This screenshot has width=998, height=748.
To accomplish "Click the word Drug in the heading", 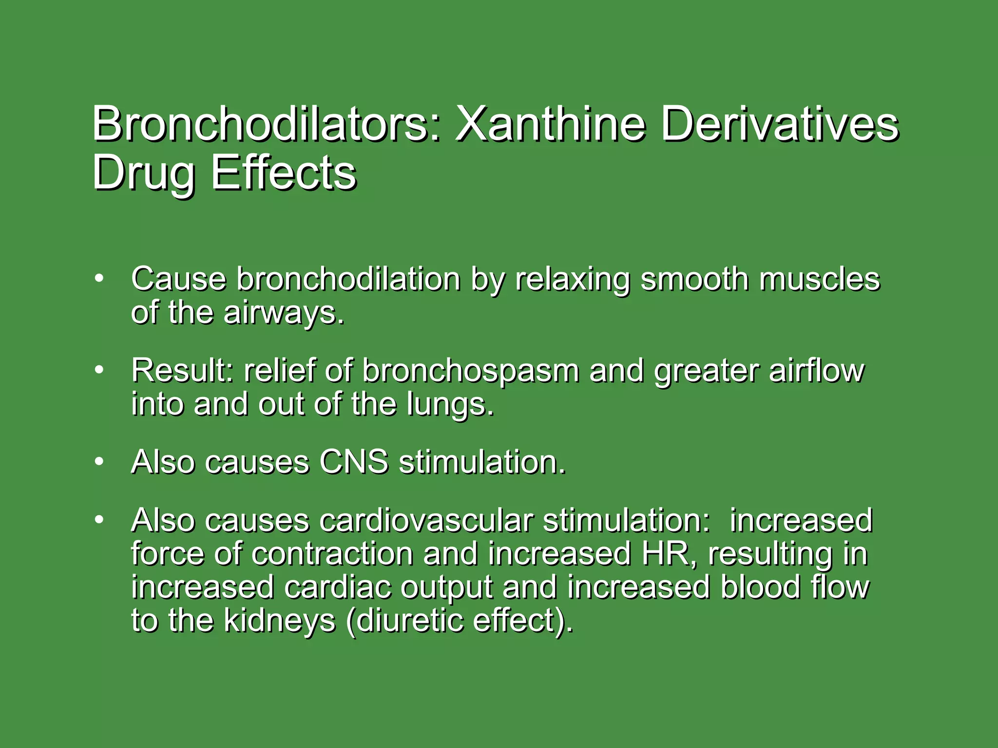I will [x=143, y=174].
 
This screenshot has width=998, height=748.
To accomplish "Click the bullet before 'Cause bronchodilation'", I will [x=99, y=279].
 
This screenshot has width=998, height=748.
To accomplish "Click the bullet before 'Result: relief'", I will [x=99, y=370].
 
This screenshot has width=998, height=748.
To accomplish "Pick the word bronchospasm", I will [x=471, y=371].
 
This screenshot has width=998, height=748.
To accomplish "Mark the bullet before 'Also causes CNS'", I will [x=99, y=461].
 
